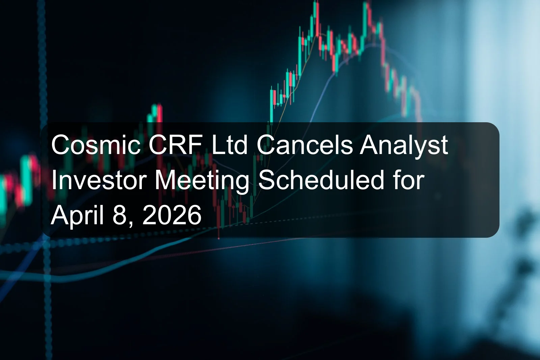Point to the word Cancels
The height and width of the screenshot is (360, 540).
tap(304, 146)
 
